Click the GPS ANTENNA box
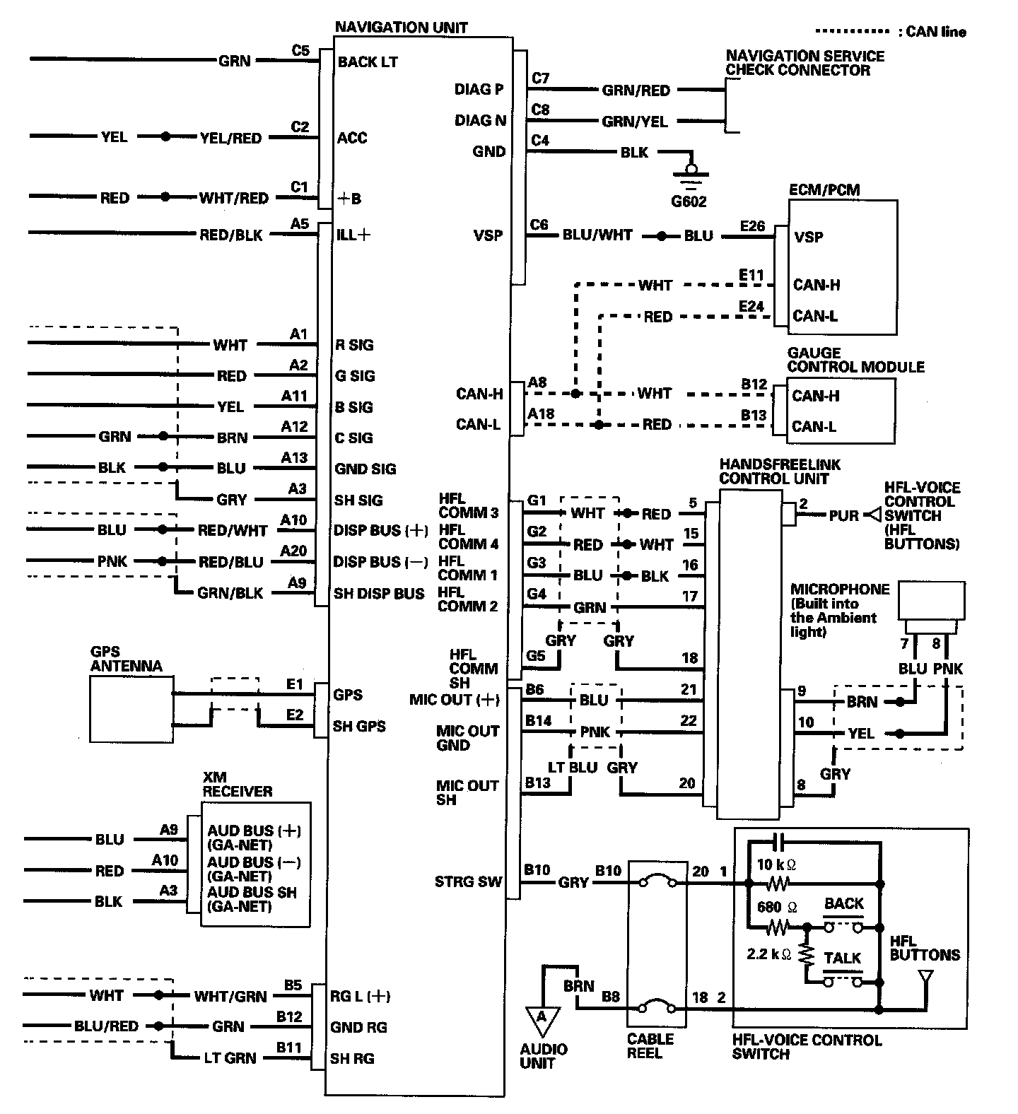click(131, 708)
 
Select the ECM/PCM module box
click(843, 266)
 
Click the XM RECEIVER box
click(255, 864)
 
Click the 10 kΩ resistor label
click(776, 864)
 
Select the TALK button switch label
click(843, 958)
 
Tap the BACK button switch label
click(844, 903)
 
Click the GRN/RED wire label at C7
click(636, 90)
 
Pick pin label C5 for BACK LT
click(300, 51)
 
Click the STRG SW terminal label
click(468, 881)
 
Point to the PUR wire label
click(843, 515)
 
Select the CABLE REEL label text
click(650, 1046)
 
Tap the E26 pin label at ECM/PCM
click(752, 225)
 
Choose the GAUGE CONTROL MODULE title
click(855, 360)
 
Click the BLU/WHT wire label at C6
click(597, 235)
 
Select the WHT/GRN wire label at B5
click(230, 997)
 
